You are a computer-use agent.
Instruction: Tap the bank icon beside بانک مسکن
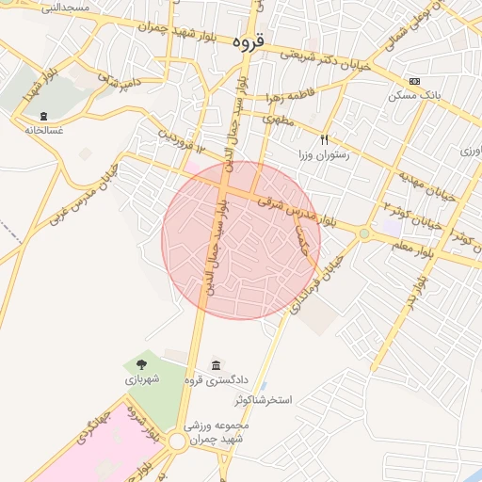(x=414, y=82)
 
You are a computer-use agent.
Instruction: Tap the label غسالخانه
(x=44, y=129)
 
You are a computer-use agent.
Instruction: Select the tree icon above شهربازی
(x=142, y=364)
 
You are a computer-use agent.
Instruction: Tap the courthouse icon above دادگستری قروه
(x=217, y=365)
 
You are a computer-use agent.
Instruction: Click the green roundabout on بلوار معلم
(x=364, y=233)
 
